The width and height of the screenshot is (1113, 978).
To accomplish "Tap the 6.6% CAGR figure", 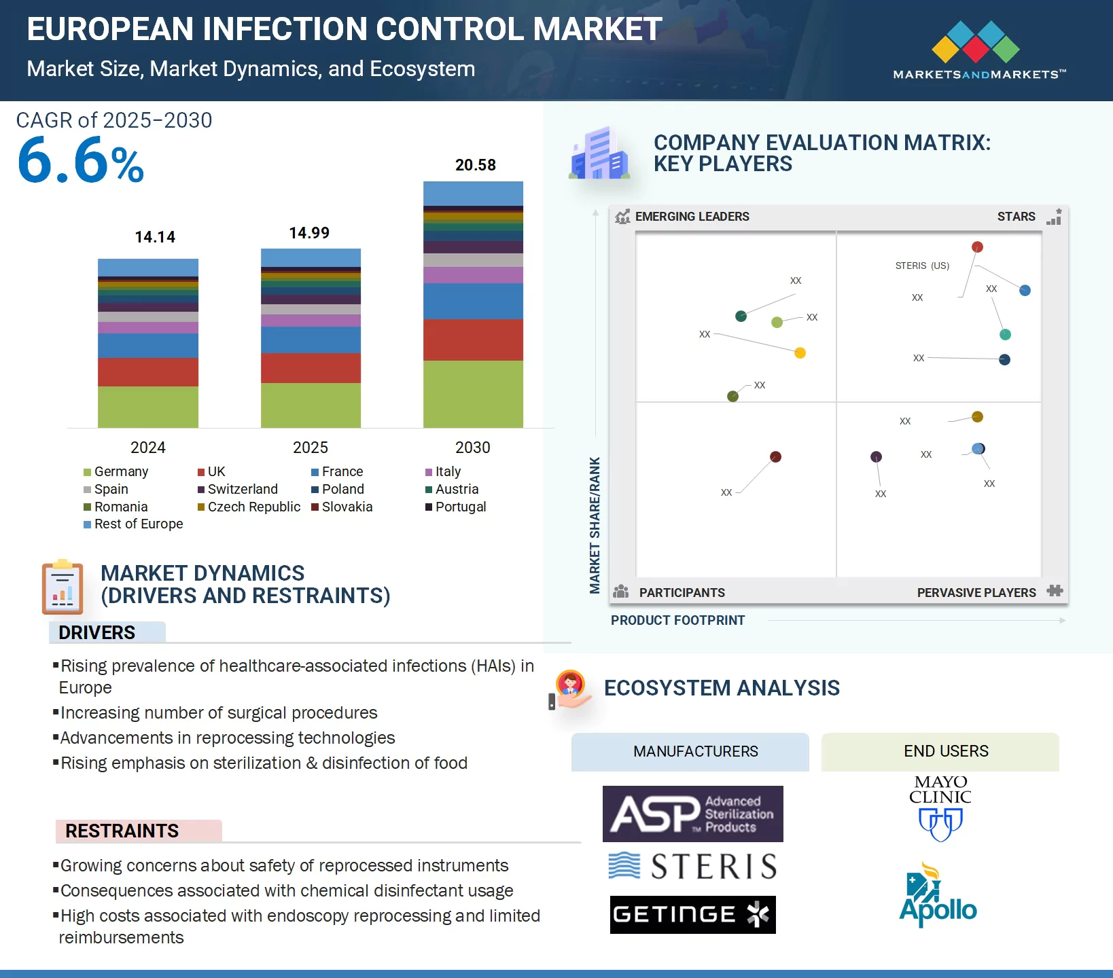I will [x=80, y=162].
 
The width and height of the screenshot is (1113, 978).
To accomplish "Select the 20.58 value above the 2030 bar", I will [x=475, y=165].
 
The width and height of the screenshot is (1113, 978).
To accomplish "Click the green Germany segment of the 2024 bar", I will [x=148, y=407].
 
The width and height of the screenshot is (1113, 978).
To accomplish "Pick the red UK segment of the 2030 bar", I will [x=473, y=340].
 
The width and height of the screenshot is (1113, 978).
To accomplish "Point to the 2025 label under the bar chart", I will [x=310, y=448].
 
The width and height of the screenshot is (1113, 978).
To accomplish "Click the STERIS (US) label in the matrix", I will [x=922, y=266].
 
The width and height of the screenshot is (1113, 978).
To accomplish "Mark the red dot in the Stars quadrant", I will [x=977, y=247].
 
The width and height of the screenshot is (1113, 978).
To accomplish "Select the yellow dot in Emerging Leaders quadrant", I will [x=800, y=352].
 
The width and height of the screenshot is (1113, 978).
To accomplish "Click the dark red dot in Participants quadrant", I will [x=775, y=456].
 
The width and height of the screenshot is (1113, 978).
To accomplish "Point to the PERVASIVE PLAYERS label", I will [x=976, y=592].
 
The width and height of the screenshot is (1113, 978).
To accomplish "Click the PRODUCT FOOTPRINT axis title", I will [x=677, y=620].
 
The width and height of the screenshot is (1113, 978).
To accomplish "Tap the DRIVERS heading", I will [x=96, y=632].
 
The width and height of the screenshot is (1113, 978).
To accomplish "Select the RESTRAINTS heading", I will [x=122, y=831].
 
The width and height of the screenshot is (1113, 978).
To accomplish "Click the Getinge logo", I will [x=692, y=915].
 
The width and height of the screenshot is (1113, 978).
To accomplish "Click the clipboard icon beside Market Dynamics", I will [x=63, y=587].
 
